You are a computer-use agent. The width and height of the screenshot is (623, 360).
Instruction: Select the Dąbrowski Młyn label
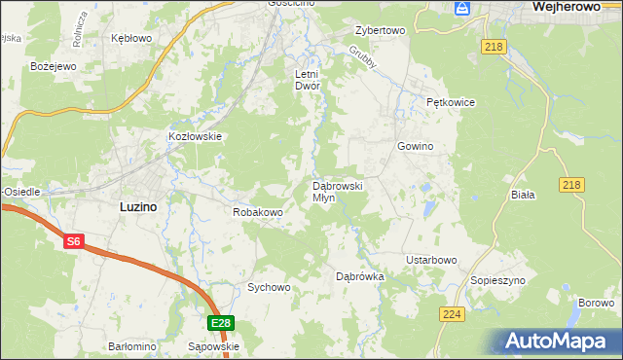point(337,191)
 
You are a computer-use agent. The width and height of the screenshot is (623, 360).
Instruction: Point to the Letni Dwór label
point(308,80)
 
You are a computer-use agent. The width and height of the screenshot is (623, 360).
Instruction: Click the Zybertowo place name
point(380,30)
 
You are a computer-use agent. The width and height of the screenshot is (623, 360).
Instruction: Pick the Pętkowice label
point(449,101)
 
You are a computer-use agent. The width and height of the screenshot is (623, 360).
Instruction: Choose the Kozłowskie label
point(196,137)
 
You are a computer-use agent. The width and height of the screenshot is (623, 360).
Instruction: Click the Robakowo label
point(257,211)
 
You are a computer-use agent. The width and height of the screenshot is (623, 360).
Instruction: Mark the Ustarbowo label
point(431,260)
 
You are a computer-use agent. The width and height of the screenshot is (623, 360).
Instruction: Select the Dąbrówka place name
point(360,277)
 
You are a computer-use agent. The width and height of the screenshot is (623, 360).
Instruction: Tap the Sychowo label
point(269,287)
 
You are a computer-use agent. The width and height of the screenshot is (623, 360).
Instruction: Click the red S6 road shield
point(74,242)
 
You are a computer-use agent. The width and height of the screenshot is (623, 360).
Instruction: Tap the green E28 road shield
point(220,323)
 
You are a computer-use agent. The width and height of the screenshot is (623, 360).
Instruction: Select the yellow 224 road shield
point(452,313)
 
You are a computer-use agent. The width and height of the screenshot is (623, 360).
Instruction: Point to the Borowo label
point(595,304)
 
